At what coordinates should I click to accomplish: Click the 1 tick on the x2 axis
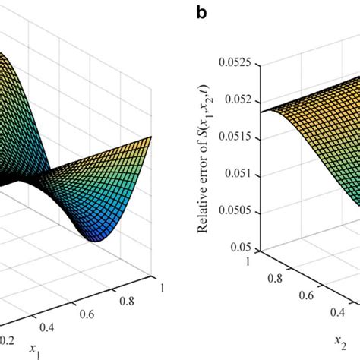[250, 261]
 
